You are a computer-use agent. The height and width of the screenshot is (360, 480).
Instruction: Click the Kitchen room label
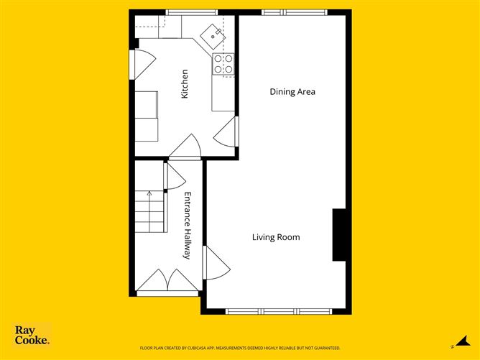[185, 84]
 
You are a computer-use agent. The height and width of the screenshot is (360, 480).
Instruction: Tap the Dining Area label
[292, 91]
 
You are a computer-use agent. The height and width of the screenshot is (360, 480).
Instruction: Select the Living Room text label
[276, 237]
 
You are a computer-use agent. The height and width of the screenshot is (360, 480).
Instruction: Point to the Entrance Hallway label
[188, 226]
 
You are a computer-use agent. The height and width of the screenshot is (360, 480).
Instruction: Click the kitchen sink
[213, 37]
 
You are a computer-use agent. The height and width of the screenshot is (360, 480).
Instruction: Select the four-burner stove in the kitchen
[223, 64]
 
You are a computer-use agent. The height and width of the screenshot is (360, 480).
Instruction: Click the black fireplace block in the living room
[339, 235]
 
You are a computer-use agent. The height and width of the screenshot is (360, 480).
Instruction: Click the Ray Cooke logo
[32, 335]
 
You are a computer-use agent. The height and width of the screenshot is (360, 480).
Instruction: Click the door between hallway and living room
[216, 263]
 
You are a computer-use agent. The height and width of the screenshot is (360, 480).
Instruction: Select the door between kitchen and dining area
[226, 131]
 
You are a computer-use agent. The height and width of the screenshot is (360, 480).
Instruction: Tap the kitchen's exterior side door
[143, 65]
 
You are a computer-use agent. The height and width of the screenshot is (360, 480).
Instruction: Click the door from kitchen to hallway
[185, 147]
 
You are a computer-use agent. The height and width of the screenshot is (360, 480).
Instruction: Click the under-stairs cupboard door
[175, 177]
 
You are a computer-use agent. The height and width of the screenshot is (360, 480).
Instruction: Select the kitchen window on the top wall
[192, 12]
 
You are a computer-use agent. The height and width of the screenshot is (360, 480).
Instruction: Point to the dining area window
[295, 12]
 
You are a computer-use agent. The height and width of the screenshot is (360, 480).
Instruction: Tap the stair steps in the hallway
[149, 211]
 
